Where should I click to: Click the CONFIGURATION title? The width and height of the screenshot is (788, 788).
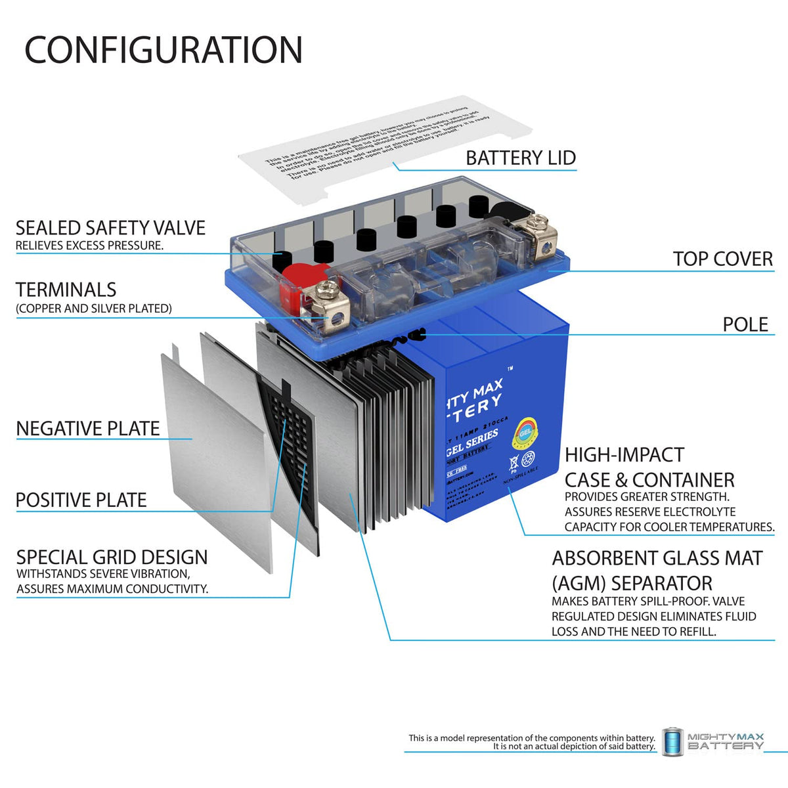[164, 50]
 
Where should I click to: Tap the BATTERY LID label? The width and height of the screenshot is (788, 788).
[520, 158]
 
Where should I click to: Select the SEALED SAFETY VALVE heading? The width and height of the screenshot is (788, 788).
[110, 228]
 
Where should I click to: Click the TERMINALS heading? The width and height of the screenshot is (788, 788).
[66, 290]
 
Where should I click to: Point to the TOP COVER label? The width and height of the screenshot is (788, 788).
[722, 259]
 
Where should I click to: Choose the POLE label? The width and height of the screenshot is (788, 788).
[745, 324]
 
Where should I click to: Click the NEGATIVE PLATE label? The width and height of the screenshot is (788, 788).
[88, 429]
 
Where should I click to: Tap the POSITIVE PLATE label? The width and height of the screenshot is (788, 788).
[81, 500]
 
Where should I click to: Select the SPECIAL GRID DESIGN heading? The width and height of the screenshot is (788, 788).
[112, 558]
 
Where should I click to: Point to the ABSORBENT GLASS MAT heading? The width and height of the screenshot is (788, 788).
[657, 559]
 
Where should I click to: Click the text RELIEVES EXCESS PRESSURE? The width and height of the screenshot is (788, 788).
[90, 246]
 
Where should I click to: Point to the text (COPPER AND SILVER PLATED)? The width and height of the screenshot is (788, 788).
[94, 309]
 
